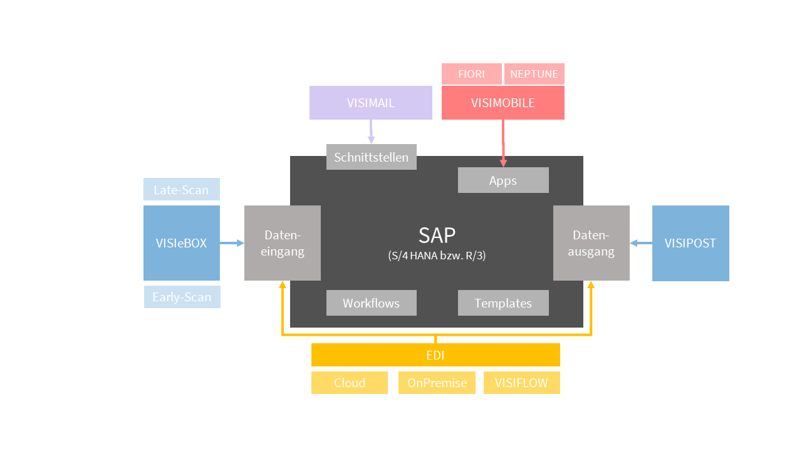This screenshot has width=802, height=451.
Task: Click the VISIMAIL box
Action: pos(370,103)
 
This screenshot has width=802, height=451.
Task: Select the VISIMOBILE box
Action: pos(503,103)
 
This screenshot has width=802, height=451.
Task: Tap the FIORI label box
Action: pos(471,74)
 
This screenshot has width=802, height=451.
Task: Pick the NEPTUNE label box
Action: pos(534,74)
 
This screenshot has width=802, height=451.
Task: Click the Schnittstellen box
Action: pos(371,157)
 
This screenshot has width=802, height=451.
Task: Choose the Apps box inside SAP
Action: pos(503,180)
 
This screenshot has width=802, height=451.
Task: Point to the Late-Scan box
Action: pos(181,189)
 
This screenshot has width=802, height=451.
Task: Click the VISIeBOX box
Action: pos(181,243)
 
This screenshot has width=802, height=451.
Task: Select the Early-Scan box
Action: pos(182,297)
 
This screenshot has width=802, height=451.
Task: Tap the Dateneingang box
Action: pos(282,243)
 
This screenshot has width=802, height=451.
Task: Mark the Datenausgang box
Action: pos(591,243)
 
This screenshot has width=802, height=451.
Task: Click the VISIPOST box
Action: pos(690,243)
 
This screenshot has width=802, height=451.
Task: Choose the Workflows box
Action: pos(371,303)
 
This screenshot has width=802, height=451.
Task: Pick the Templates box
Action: pos(503,303)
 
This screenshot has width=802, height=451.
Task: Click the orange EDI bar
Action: pos(435,355)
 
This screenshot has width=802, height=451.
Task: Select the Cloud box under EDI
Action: pos(350,383)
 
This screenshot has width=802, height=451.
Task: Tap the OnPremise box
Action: pos(437,383)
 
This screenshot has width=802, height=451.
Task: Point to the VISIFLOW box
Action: pos(521,383)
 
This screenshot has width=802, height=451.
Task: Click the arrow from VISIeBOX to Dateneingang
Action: pos(232,243)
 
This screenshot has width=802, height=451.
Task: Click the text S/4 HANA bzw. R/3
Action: pos(437,256)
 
